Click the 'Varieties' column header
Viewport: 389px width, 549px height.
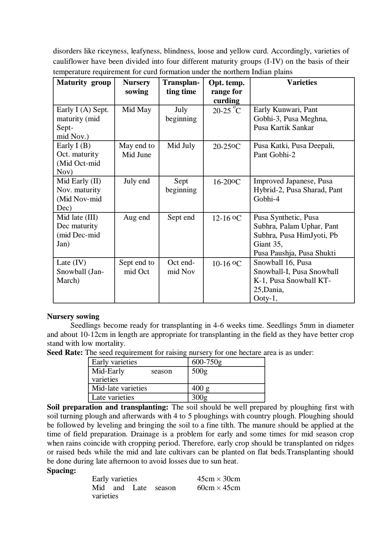pos(302,82)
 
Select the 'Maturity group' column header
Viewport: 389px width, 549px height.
pos(83,82)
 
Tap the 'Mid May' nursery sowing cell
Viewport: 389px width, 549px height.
pos(136,110)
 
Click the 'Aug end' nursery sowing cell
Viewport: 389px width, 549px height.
pos(136,217)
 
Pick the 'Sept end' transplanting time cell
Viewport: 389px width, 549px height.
pos(181,217)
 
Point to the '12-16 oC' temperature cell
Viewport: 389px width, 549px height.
pos(227,218)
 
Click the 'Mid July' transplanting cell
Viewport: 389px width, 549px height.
pos(181,146)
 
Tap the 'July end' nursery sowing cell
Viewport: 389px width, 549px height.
pos(136,181)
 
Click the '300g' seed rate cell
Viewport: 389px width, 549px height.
pos(199,397)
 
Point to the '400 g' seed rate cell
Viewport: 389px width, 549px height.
pos(200,388)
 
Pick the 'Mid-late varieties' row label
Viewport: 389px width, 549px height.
pos(119,388)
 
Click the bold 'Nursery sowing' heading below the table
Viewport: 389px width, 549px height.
pos(73,316)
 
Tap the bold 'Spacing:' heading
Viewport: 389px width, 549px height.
pos(61,471)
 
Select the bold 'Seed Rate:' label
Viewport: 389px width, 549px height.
pos(65,353)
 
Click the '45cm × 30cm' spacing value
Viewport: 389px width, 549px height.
pos(218,479)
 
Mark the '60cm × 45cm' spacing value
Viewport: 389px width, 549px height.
pos(218,488)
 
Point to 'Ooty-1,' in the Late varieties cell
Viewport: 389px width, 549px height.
pos(265,298)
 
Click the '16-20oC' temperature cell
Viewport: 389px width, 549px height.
pos(227,182)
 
